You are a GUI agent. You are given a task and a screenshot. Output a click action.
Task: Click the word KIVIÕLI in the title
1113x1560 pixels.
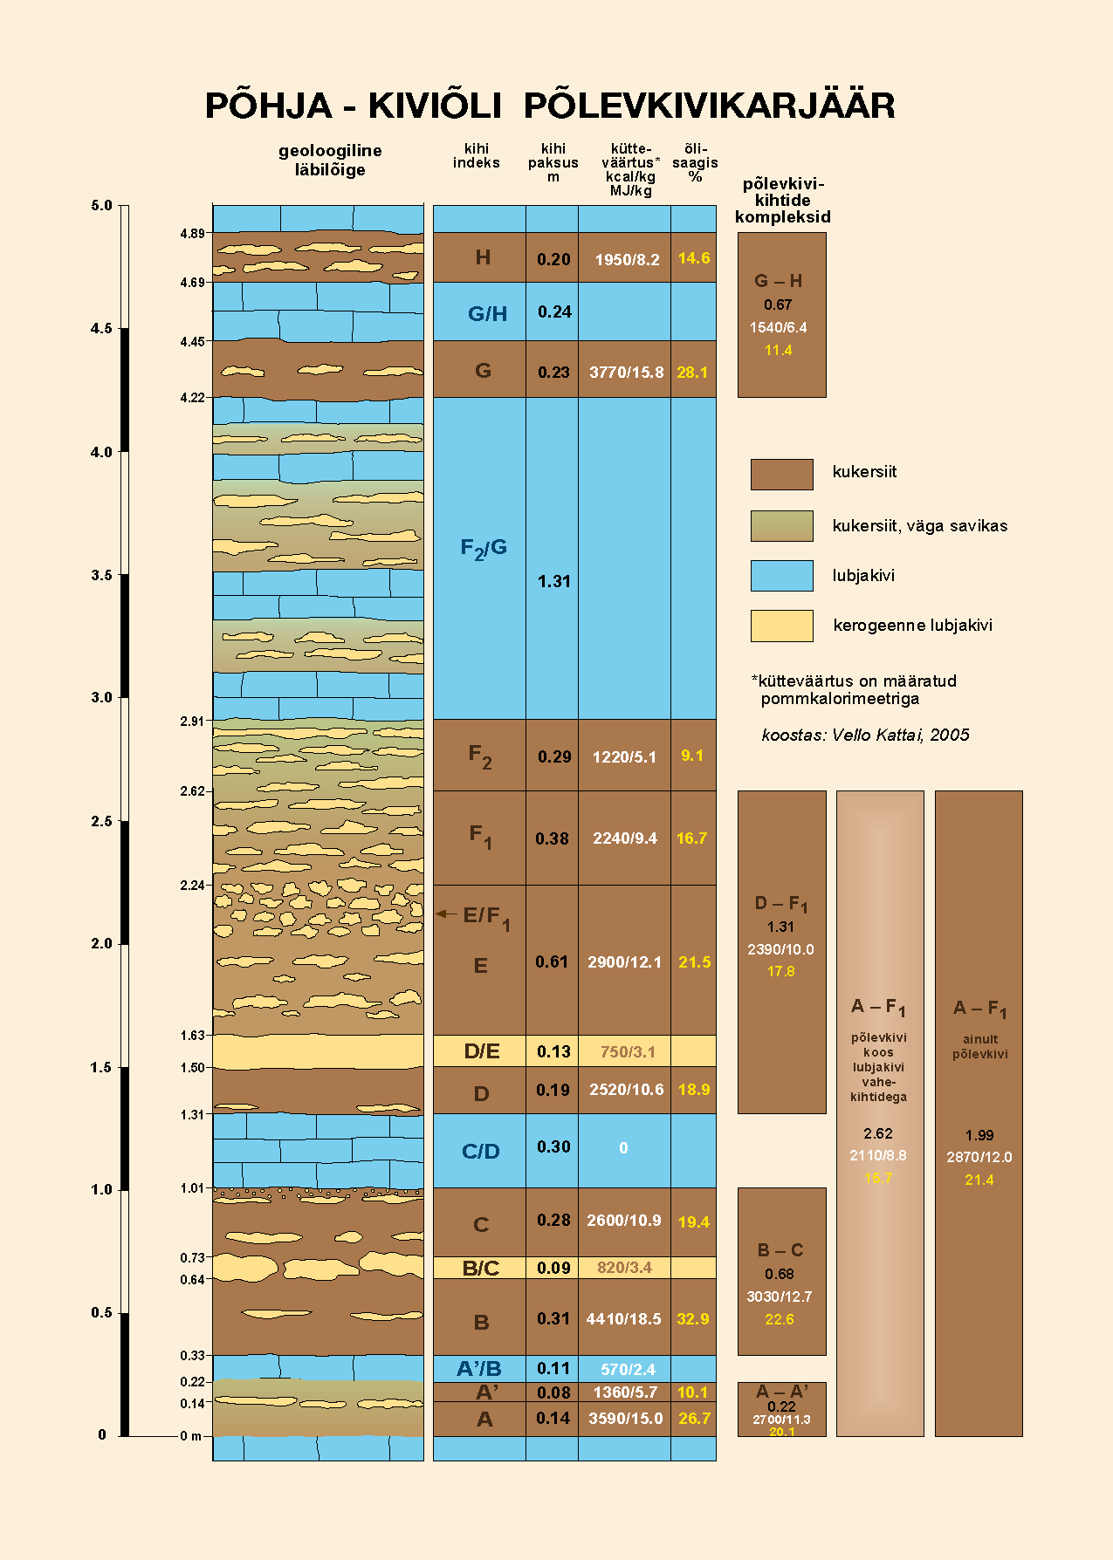[434, 106]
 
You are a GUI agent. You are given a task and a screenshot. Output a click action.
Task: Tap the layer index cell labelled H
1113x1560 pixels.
[482, 257]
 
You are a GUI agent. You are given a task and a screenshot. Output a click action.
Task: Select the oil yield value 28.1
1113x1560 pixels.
[692, 373]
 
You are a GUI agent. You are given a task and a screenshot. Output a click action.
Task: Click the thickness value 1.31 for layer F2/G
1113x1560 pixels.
[553, 582]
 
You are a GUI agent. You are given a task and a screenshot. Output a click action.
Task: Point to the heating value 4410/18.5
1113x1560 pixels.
[623, 1319]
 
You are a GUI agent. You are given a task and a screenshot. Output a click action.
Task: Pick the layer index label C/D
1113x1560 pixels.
[480, 1152]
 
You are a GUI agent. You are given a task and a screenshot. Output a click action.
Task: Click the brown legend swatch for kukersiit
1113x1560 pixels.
[781, 475]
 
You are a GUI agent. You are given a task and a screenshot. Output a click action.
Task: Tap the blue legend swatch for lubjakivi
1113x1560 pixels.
[781, 576]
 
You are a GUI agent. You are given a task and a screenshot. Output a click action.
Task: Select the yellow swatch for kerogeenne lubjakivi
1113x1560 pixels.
[781, 626]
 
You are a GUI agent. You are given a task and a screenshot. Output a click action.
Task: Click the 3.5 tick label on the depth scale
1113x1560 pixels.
[101, 575]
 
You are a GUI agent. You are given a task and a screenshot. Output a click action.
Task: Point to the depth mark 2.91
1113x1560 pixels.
[192, 721]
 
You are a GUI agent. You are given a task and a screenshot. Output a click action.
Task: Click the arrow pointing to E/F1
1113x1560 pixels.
[446, 913]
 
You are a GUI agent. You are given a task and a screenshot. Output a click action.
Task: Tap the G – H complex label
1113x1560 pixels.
[778, 281]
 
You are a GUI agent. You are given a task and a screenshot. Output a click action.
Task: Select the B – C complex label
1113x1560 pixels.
[780, 1250]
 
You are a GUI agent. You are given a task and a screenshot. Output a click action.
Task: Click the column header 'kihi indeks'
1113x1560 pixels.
[477, 155]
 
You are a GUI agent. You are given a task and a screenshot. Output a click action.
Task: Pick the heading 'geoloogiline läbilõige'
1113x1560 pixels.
[330, 160]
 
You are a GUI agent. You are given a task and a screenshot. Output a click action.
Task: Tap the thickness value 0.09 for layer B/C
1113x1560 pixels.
[553, 1268]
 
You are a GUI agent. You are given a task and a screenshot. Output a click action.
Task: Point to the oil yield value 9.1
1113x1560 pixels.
[692, 756]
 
